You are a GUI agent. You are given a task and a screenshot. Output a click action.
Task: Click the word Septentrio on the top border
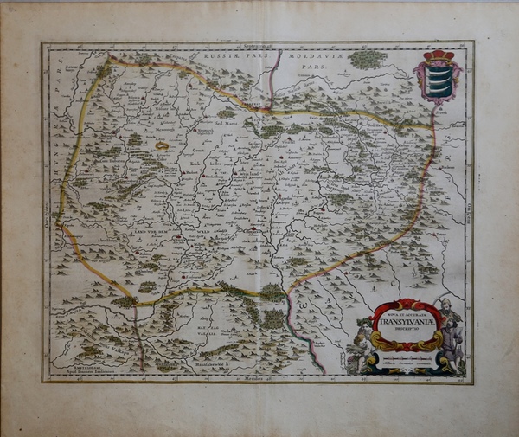click(x=257, y=43)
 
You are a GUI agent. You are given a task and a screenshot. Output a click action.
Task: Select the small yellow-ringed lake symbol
click(x=162, y=146)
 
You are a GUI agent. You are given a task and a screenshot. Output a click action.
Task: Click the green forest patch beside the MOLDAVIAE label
click(x=368, y=59)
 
